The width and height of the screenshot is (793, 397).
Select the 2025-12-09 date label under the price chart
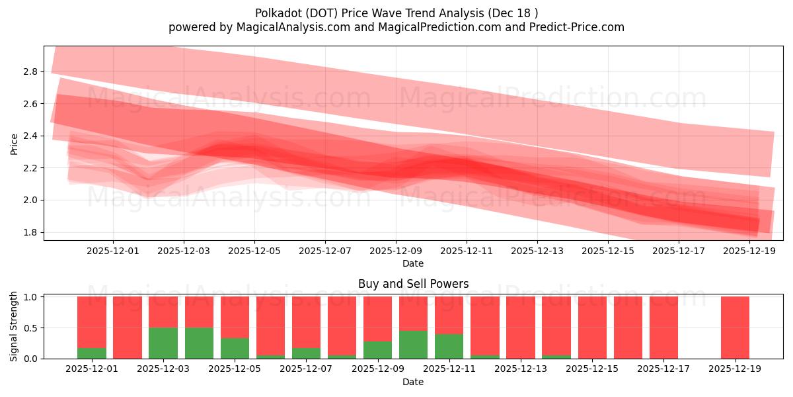[x=396, y=251]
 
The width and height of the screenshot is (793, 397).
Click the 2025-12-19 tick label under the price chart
[x=749, y=251]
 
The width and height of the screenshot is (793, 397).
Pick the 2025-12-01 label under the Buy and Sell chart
[x=93, y=369]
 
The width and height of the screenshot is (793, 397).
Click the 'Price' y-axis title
[x=15, y=144]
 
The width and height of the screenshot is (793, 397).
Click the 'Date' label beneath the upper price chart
[x=413, y=263]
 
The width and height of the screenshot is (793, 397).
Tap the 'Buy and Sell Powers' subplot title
[x=413, y=284]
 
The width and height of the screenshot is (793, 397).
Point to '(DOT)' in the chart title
[x=321, y=13]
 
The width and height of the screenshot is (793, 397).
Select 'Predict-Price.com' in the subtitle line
[x=581, y=27]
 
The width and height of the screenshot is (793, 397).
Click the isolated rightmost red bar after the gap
[x=735, y=328]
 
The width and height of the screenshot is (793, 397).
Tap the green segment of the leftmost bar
[x=92, y=353]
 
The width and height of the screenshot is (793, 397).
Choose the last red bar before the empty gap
[x=663, y=328]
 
